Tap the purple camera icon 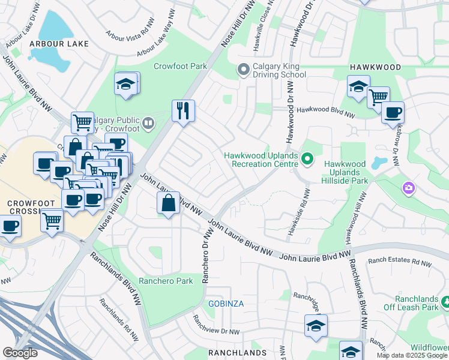pyautogui.click(x=409, y=189)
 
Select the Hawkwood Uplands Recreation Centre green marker pyautogui.click(x=307, y=159)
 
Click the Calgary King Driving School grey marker pyautogui.click(x=243, y=70)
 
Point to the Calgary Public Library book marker pyautogui.click(x=148, y=124)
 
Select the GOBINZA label pyautogui.click(x=226, y=304)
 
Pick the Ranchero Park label pyautogui.click(x=166, y=281)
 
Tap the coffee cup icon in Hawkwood pyautogui.click(x=393, y=112)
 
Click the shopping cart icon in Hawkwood pyautogui.click(x=378, y=97)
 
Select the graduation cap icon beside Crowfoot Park pyautogui.click(x=126, y=84)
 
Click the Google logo pyautogui.click(x=20, y=353)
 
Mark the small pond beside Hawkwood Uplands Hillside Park pyautogui.click(x=378, y=163)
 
